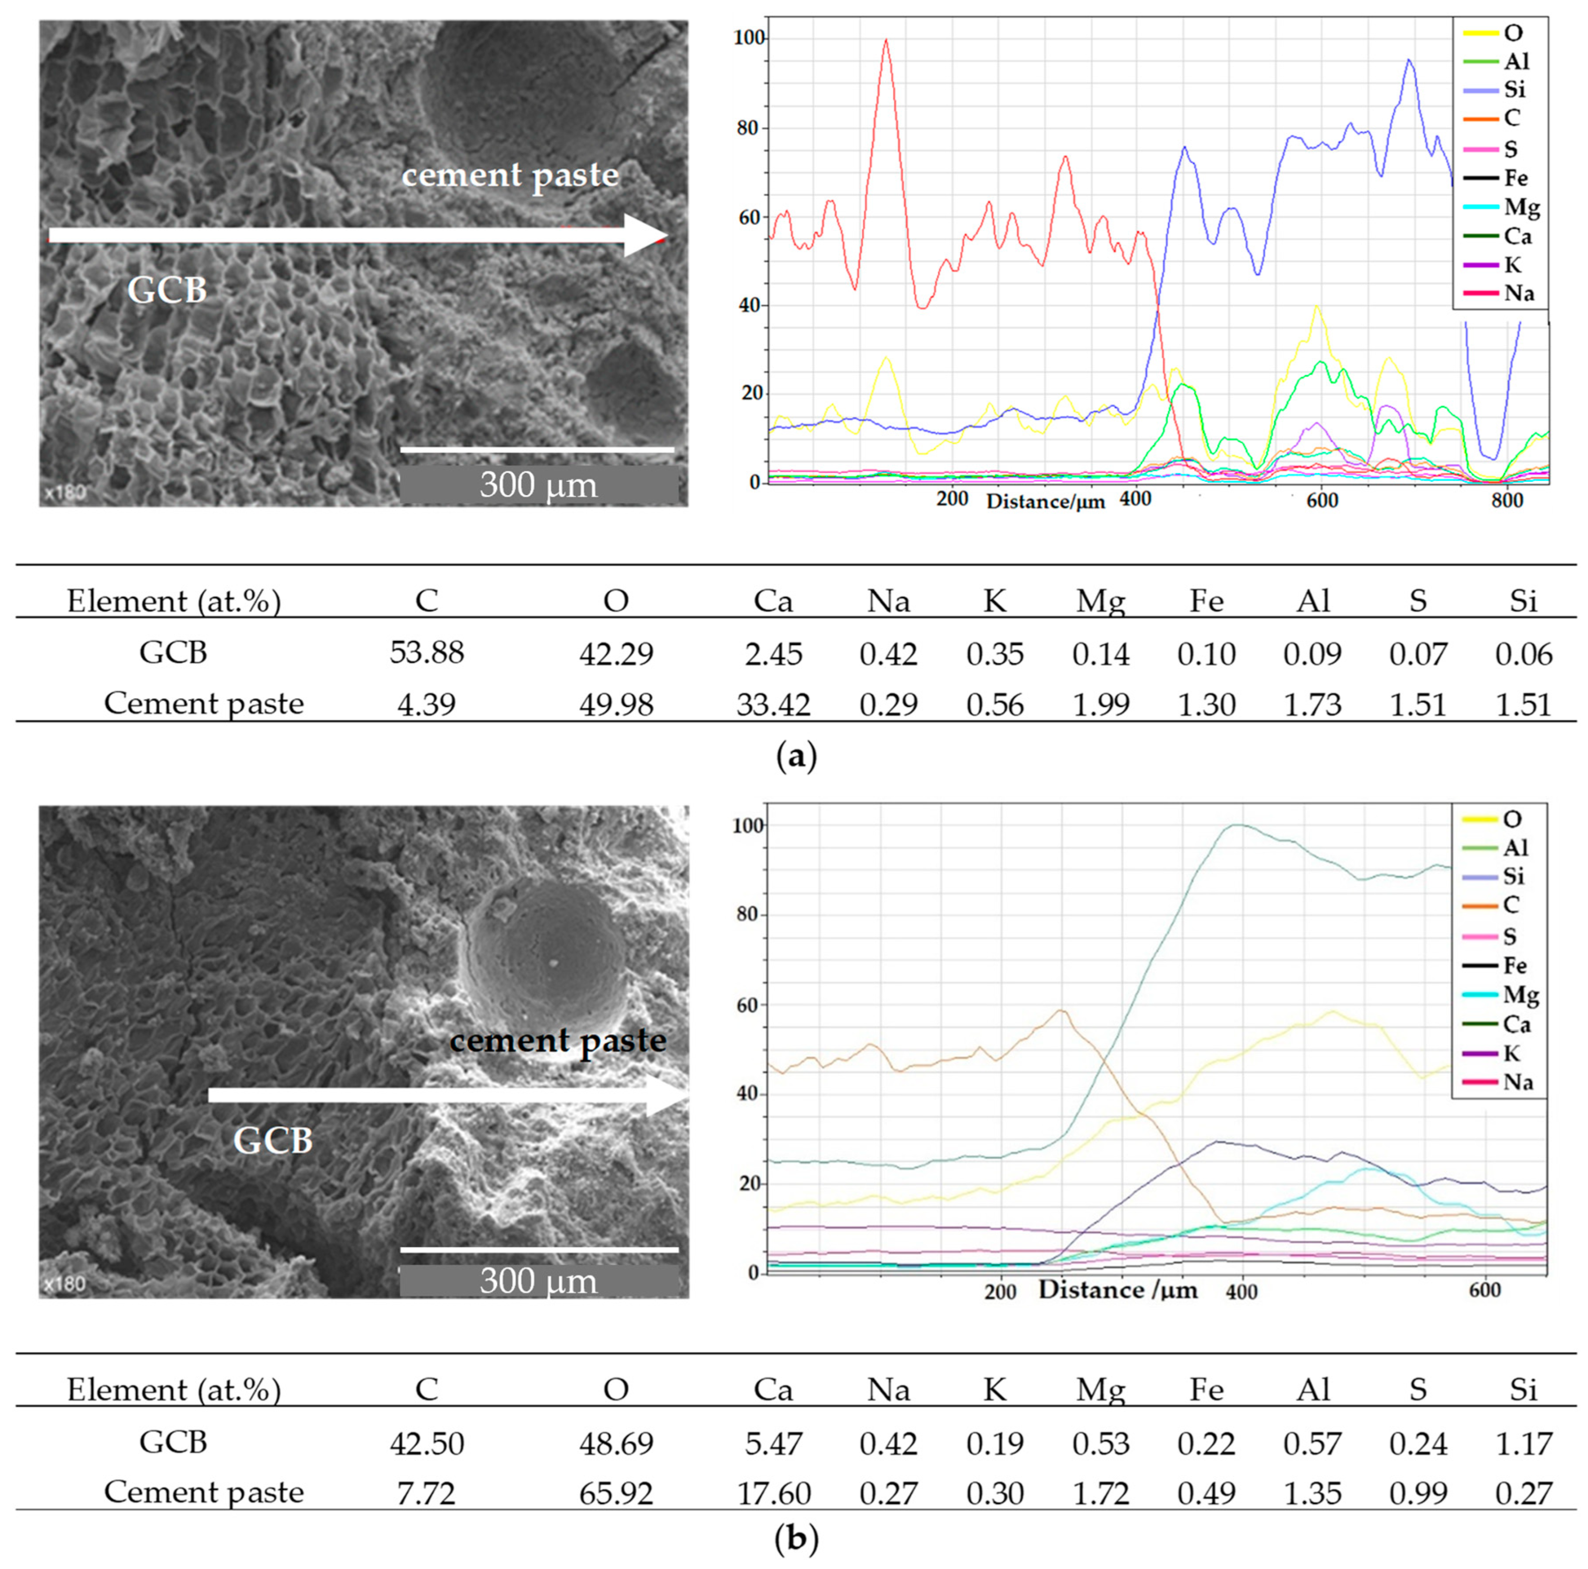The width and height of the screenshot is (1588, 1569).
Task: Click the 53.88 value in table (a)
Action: click(x=426, y=653)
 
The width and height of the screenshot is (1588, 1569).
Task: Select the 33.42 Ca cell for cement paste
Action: click(x=773, y=705)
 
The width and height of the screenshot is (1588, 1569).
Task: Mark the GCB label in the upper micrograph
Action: click(x=167, y=290)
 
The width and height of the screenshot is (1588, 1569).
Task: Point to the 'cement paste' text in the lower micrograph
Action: click(x=557, y=1041)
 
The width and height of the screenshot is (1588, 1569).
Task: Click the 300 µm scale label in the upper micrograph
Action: click(x=538, y=485)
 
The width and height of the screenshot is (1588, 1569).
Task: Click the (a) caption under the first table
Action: click(x=795, y=756)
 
